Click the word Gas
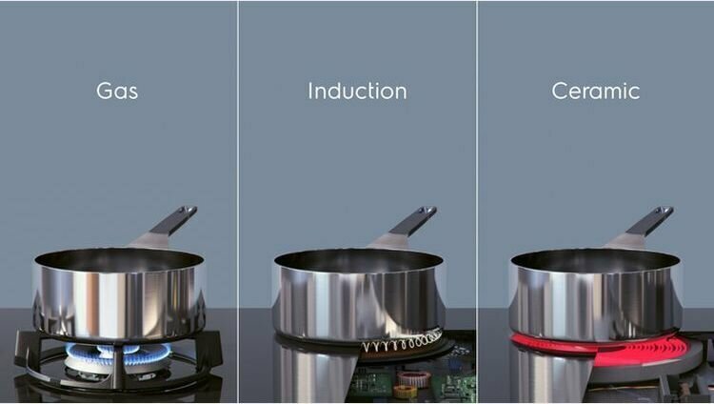[x=117, y=91]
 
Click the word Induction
[x=357, y=91]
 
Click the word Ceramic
[x=596, y=91]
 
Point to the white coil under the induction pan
[x=402, y=341]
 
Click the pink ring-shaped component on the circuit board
[x=414, y=378]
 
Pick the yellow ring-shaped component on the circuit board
[x=405, y=392]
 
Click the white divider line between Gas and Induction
[x=238, y=202]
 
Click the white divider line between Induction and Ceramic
[x=477, y=202]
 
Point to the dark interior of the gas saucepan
[x=119, y=260]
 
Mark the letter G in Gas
[x=104, y=91]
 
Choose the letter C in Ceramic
[x=560, y=91]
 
